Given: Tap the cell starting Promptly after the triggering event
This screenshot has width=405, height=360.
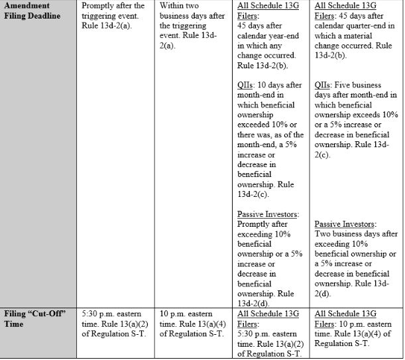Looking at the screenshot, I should coord(113,15).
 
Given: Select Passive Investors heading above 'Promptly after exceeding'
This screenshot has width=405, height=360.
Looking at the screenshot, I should coord(267,214).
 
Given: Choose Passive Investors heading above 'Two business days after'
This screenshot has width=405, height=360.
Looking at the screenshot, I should coord(345,224).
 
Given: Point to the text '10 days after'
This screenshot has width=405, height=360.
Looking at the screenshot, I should coord(278,85).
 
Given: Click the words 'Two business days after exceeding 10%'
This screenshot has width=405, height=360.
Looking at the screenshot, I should coord(354,239).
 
